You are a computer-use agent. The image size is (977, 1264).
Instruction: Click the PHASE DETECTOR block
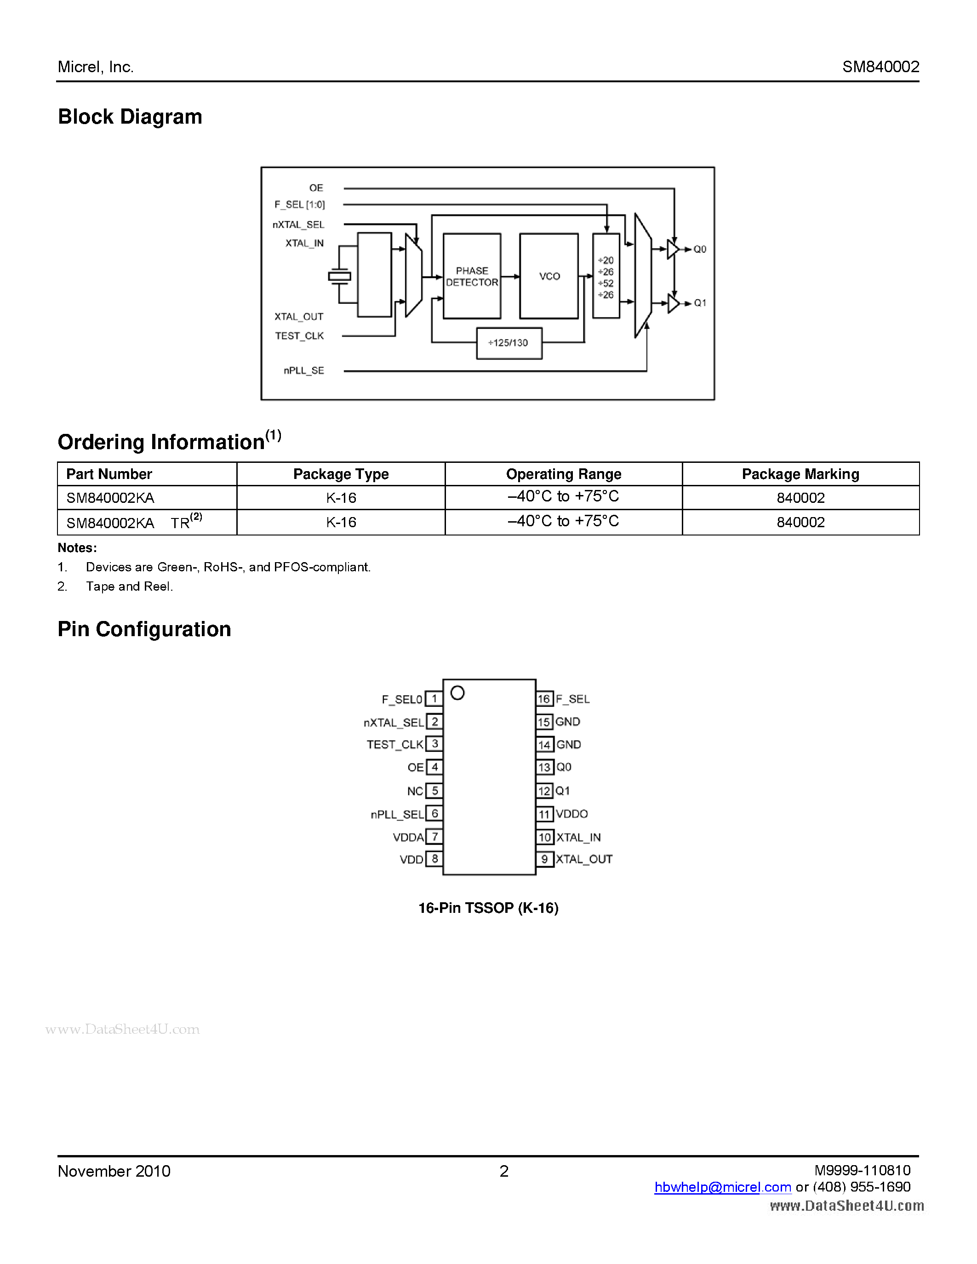click(472, 276)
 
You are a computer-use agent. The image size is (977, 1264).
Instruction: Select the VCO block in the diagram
click(548, 276)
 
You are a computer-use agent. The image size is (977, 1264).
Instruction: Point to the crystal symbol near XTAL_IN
click(339, 277)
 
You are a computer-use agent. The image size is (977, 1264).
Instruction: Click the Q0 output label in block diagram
click(700, 250)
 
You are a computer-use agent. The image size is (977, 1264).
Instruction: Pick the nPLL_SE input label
click(304, 370)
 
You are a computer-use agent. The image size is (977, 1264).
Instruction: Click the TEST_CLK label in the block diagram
click(299, 336)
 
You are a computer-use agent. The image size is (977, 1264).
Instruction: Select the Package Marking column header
click(800, 474)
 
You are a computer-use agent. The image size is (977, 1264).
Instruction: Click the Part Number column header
click(109, 474)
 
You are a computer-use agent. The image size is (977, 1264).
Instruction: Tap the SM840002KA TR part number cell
click(134, 522)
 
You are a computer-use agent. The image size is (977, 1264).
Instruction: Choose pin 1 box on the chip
click(434, 699)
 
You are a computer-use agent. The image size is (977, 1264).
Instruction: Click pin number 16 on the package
click(544, 699)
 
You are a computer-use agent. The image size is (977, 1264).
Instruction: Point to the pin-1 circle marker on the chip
click(457, 693)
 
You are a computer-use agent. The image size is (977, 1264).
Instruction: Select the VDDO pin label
click(572, 814)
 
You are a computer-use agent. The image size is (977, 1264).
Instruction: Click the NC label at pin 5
click(414, 791)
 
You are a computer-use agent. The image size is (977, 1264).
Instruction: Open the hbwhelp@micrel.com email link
click(722, 1187)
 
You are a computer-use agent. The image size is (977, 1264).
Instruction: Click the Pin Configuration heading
click(144, 629)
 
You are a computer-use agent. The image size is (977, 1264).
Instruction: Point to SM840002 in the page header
click(880, 67)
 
